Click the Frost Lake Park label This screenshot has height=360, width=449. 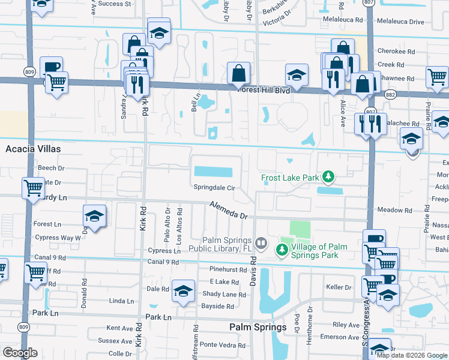pos(290,178)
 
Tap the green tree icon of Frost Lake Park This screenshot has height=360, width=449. pos(328,176)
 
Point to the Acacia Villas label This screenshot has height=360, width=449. pos(34,148)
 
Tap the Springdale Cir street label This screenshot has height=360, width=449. pos(213,187)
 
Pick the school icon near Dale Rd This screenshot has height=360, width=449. pos(183,290)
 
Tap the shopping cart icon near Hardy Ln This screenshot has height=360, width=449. pos(32,187)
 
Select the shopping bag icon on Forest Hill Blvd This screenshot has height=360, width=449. pos(238,73)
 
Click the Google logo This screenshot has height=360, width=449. pos(19,353)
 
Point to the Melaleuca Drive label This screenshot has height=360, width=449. pos(400,22)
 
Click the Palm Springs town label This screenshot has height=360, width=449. pos(258,327)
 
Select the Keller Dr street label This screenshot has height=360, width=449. pos(338,287)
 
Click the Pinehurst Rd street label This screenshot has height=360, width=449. pos(228,271)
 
